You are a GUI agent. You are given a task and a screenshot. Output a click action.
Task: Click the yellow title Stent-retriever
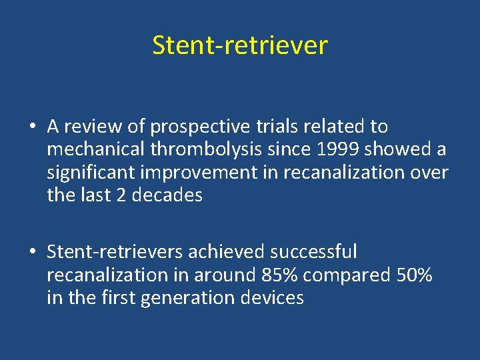(240, 45)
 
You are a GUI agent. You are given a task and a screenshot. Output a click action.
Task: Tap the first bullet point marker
(32, 127)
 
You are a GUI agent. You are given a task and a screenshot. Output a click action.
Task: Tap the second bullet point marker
(32, 253)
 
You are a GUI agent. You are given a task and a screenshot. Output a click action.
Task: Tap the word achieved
(226, 252)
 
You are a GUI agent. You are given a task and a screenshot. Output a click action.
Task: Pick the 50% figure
(413, 275)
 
